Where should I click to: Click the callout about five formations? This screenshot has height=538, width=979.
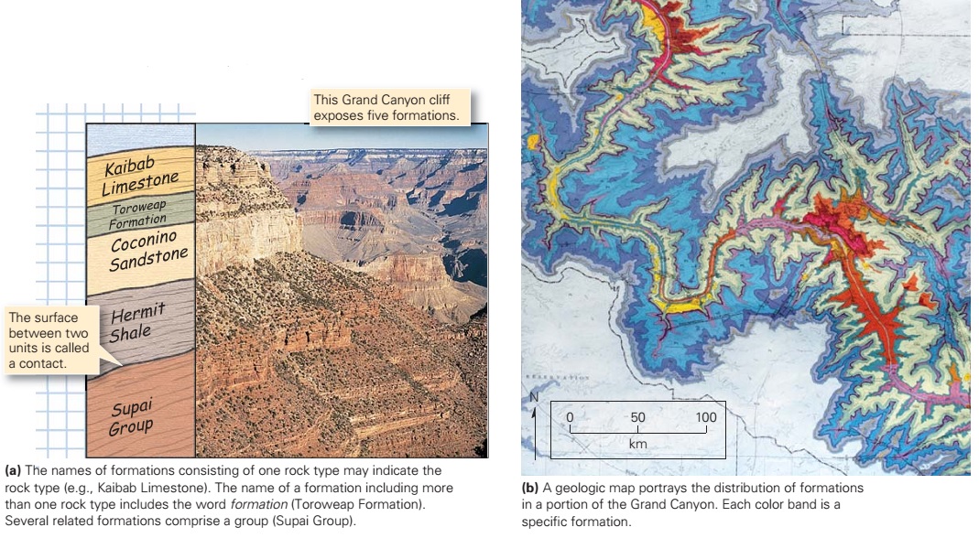[x=388, y=108]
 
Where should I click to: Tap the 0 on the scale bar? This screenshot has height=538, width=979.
[x=570, y=417]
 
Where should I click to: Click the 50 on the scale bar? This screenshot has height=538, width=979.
[x=637, y=417]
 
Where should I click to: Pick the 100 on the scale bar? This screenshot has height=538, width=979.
[x=705, y=417]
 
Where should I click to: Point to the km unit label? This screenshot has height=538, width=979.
[x=638, y=444]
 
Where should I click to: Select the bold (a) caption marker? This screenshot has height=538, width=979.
[x=13, y=470]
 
